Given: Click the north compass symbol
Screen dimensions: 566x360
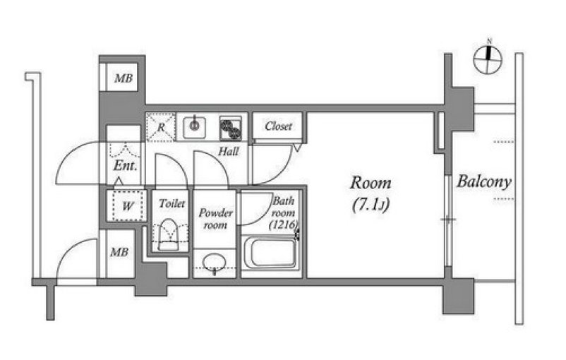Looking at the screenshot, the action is [488, 60].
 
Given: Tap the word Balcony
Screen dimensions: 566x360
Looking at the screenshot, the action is [484, 181].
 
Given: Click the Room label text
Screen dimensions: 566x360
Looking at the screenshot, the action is [371, 183].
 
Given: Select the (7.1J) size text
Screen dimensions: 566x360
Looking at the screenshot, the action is [371, 205].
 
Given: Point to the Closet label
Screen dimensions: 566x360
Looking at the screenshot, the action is [278, 126].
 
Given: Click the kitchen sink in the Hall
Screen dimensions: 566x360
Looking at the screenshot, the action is [195, 128].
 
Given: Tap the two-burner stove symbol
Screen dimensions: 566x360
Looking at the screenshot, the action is [231, 128].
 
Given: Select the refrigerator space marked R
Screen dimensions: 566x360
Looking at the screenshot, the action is [161, 127].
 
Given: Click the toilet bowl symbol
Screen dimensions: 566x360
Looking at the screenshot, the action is [169, 234].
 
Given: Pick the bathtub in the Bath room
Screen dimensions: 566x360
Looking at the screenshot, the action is [271, 253].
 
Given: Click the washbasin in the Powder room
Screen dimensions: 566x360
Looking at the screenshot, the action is [215, 263].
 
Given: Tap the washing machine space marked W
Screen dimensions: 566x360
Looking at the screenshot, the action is [128, 206].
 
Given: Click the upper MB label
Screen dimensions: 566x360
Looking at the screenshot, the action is [124, 78].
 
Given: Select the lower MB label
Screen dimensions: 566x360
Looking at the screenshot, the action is [119, 252].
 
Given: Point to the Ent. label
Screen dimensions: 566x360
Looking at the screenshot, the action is [125, 166].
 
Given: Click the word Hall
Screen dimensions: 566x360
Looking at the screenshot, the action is [229, 151].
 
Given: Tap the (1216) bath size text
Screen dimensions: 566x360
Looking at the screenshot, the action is [284, 224].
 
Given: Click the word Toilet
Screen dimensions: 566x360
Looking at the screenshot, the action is [171, 203].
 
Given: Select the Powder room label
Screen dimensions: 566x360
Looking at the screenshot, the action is [215, 219].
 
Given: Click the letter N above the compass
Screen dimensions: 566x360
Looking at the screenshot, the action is [490, 41].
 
